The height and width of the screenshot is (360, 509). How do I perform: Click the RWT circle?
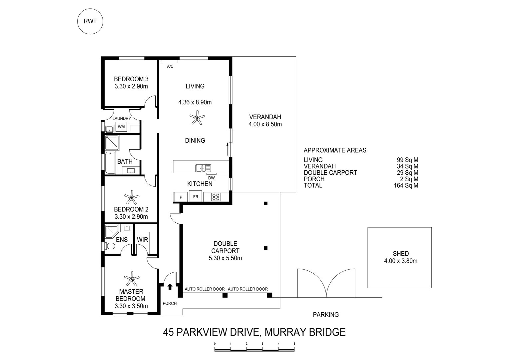point(90,21)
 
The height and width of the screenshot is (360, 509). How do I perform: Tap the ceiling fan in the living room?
point(197,118)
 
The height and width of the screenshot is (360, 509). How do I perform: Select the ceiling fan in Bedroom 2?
point(132,197)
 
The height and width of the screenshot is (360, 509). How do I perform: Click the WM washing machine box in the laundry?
point(121,127)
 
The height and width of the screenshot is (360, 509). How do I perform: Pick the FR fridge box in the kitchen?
point(196,197)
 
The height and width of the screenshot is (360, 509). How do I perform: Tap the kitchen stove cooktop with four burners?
point(216,197)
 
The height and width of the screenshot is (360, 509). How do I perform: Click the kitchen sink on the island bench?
point(203,168)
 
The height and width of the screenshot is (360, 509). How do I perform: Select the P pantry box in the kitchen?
point(181,197)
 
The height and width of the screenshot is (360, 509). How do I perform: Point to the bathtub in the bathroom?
point(110,163)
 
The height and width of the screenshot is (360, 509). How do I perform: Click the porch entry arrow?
point(170,287)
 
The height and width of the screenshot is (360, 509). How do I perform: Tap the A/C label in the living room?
point(170,66)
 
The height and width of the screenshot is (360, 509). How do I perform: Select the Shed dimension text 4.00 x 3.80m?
point(400,261)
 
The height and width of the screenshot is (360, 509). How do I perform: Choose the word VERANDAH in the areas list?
point(319,166)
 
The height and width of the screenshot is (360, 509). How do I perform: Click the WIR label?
point(143,240)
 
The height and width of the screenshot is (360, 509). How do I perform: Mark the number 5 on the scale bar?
point(294,344)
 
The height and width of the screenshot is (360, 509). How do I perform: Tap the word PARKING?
point(326,314)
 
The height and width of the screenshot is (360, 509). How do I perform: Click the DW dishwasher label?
point(211,178)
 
